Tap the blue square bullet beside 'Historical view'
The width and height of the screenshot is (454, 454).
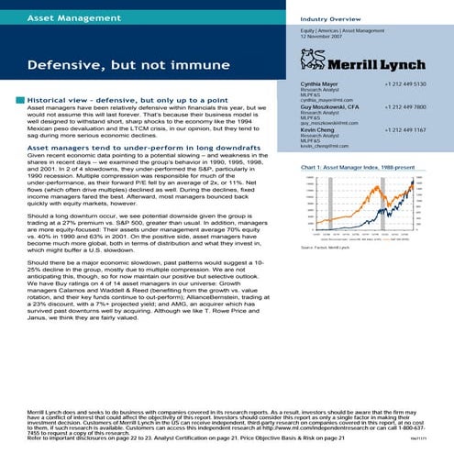[19, 99]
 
